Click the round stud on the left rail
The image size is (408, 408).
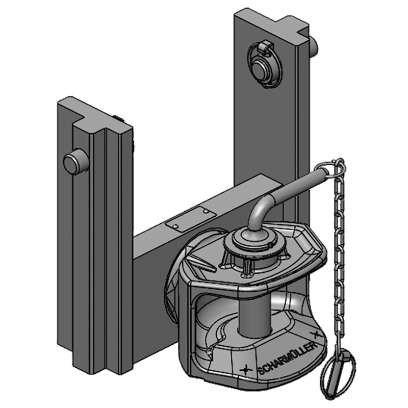74,162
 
